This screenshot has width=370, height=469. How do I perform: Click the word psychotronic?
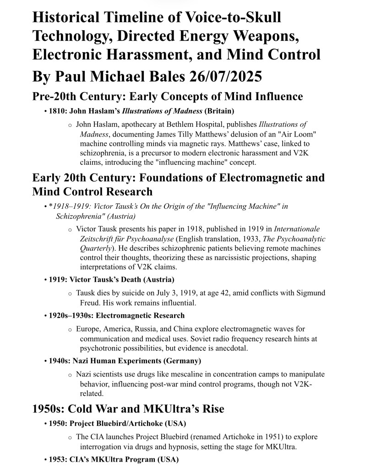tap(103, 348)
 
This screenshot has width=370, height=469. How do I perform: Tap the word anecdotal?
tap(232, 348)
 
